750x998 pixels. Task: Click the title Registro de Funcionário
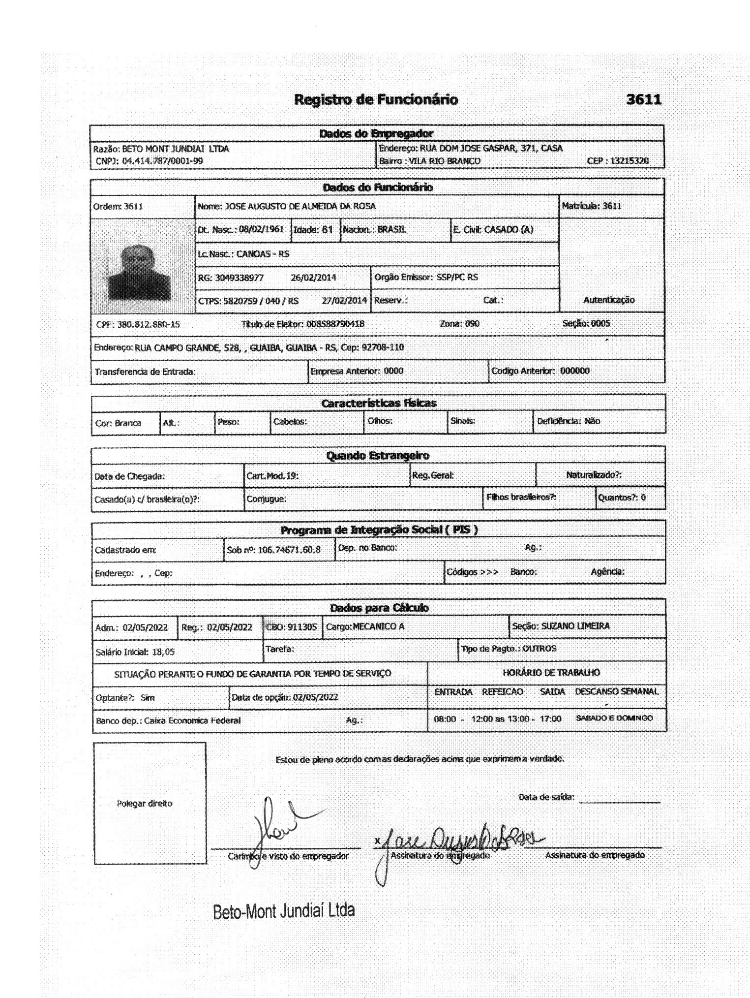point(376,100)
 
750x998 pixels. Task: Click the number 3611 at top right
point(644,100)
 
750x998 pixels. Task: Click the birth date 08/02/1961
point(261,229)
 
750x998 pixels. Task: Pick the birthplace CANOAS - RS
point(263,254)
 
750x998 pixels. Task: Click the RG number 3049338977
point(239,278)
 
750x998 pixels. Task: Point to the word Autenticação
point(609,300)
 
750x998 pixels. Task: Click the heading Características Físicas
point(379,404)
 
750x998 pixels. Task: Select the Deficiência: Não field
point(569,421)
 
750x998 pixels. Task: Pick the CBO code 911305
point(302,627)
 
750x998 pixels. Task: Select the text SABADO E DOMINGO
point(614,718)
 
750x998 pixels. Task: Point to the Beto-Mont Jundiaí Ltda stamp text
point(284,911)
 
